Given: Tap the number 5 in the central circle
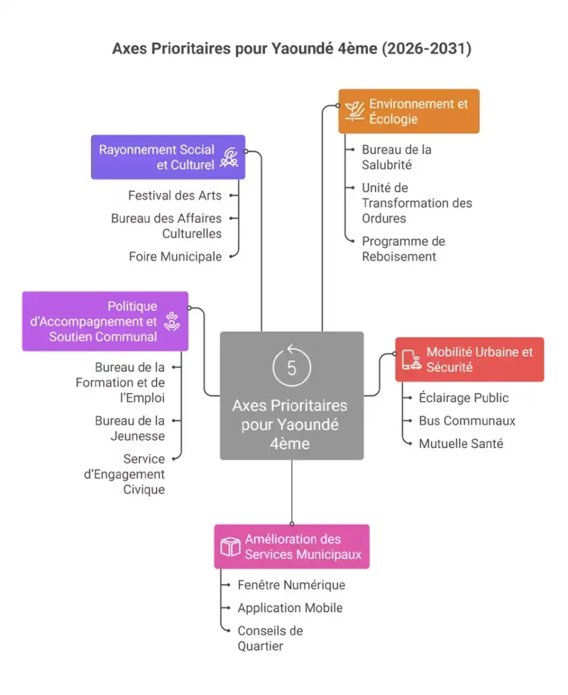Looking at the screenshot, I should (291, 368).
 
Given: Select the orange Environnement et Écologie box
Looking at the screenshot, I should (409, 111).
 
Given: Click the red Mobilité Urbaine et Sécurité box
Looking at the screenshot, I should (469, 360).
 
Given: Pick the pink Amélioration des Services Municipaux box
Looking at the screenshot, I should (291, 546).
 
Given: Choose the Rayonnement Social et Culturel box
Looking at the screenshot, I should (168, 157).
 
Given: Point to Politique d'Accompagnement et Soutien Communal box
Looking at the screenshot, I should (105, 321).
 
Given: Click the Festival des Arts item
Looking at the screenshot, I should (175, 195).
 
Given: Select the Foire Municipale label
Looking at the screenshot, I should (175, 257).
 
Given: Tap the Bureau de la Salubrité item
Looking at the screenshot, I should (396, 157).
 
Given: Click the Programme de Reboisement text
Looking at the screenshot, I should (403, 248).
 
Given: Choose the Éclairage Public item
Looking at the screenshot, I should (463, 398).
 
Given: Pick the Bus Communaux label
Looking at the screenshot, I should (466, 421).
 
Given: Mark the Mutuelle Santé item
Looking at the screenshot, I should (460, 444).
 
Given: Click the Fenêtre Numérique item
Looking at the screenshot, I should (291, 585).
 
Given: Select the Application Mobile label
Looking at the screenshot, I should (289, 608).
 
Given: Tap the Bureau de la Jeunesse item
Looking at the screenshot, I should (129, 428).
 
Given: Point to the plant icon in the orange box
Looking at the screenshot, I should (354, 111).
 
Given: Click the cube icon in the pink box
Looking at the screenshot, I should (230, 546).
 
